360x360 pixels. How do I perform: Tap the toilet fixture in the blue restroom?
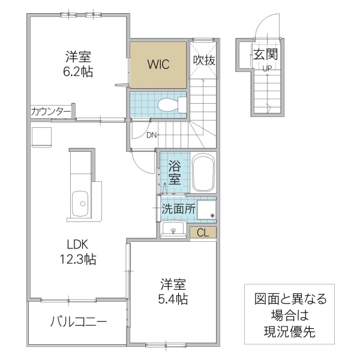click(170, 106)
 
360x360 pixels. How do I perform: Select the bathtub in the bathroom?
click(203, 173)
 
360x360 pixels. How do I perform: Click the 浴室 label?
click(173, 172)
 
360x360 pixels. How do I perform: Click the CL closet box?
click(202, 232)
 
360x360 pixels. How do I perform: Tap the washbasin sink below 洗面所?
click(174, 230)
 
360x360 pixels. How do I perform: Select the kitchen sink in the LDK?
click(79, 206)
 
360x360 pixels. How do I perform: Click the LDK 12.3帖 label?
click(77, 252)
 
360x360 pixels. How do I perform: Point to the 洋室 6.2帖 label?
click(78, 64)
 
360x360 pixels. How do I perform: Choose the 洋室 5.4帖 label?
click(173, 290)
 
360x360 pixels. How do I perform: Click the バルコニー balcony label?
click(78, 323)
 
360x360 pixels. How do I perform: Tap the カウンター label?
click(50, 111)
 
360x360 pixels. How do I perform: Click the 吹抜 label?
click(204, 61)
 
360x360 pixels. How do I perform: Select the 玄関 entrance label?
click(265, 55)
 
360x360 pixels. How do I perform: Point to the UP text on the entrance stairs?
click(266, 68)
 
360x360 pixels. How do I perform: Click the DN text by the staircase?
click(152, 135)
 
